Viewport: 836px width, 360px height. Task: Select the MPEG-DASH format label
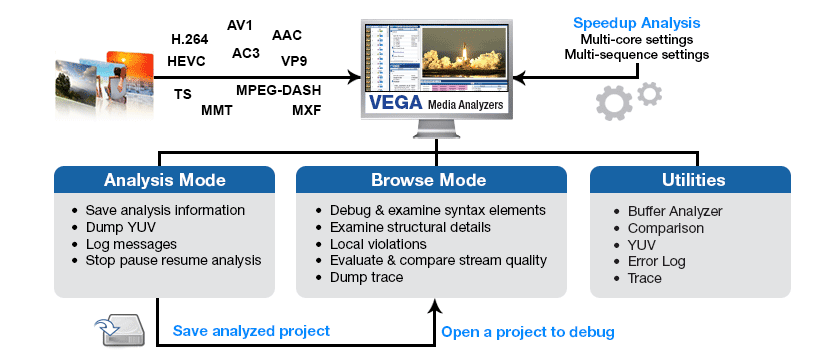[x=278, y=90]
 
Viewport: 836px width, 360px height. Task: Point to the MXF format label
[x=306, y=110]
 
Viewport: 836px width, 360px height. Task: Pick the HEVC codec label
[x=187, y=61]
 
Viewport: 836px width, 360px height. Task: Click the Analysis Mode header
[x=165, y=181]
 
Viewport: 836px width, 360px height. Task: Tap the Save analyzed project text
[x=251, y=331]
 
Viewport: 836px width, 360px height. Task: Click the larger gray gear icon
[x=613, y=104]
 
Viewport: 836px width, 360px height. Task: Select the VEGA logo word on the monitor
[x=390, y=103]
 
